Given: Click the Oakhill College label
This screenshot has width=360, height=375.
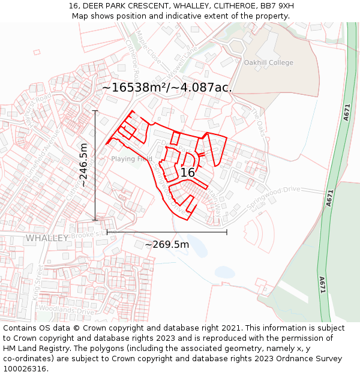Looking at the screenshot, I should tap(268, 62).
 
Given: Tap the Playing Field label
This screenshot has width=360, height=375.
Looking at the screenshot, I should tap(131, 159).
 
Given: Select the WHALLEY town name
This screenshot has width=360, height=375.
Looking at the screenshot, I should tap(47, 238).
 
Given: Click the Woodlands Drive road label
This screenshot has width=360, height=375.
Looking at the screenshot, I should tap(67, 311).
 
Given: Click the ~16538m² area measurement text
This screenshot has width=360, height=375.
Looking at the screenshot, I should tap(166, 88).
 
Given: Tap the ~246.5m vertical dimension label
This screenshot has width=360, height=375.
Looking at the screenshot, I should tap(83, 164).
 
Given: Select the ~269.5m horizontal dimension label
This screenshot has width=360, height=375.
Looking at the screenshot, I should tap(167, 244).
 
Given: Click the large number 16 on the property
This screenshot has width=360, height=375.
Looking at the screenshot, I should tap(187, 173).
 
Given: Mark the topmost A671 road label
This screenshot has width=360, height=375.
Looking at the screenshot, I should tap(347, 113).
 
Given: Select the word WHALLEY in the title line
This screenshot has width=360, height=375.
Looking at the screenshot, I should tap(164, 6).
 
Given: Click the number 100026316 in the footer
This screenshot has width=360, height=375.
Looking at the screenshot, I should tap(25, 368).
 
